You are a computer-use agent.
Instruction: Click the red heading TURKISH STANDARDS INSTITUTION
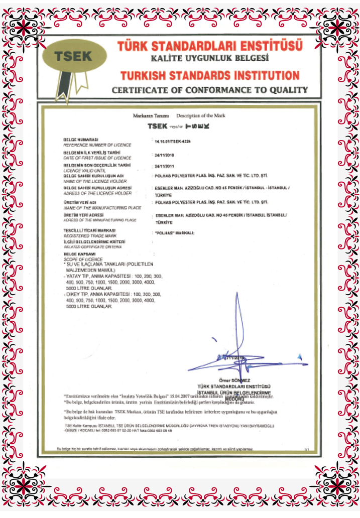210,76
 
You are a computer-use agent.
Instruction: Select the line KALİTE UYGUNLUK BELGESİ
209,59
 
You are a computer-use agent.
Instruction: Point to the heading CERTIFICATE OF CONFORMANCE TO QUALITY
209,90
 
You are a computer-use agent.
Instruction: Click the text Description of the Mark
201,115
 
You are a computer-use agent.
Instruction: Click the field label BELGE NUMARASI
81,139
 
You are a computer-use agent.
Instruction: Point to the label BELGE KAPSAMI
76,254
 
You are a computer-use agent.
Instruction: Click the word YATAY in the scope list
75,277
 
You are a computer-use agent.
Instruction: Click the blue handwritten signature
236,346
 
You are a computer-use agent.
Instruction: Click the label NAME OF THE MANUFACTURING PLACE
102,207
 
